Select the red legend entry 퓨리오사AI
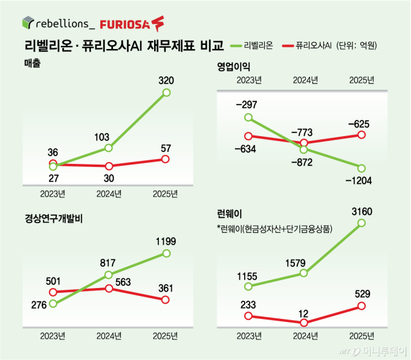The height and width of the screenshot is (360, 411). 311,46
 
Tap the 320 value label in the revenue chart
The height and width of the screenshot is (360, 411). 166,79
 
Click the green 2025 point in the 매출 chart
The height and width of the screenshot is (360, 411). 167,93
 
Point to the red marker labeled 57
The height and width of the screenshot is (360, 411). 166,159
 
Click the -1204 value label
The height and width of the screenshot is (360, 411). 361,180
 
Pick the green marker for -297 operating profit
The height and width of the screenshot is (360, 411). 247,117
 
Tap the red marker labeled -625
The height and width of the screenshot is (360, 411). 361,134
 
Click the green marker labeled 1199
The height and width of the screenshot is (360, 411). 166,254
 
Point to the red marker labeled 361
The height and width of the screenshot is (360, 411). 166,299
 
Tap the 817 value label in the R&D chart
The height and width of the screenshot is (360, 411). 108,263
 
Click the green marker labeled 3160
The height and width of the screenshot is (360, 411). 361,223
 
